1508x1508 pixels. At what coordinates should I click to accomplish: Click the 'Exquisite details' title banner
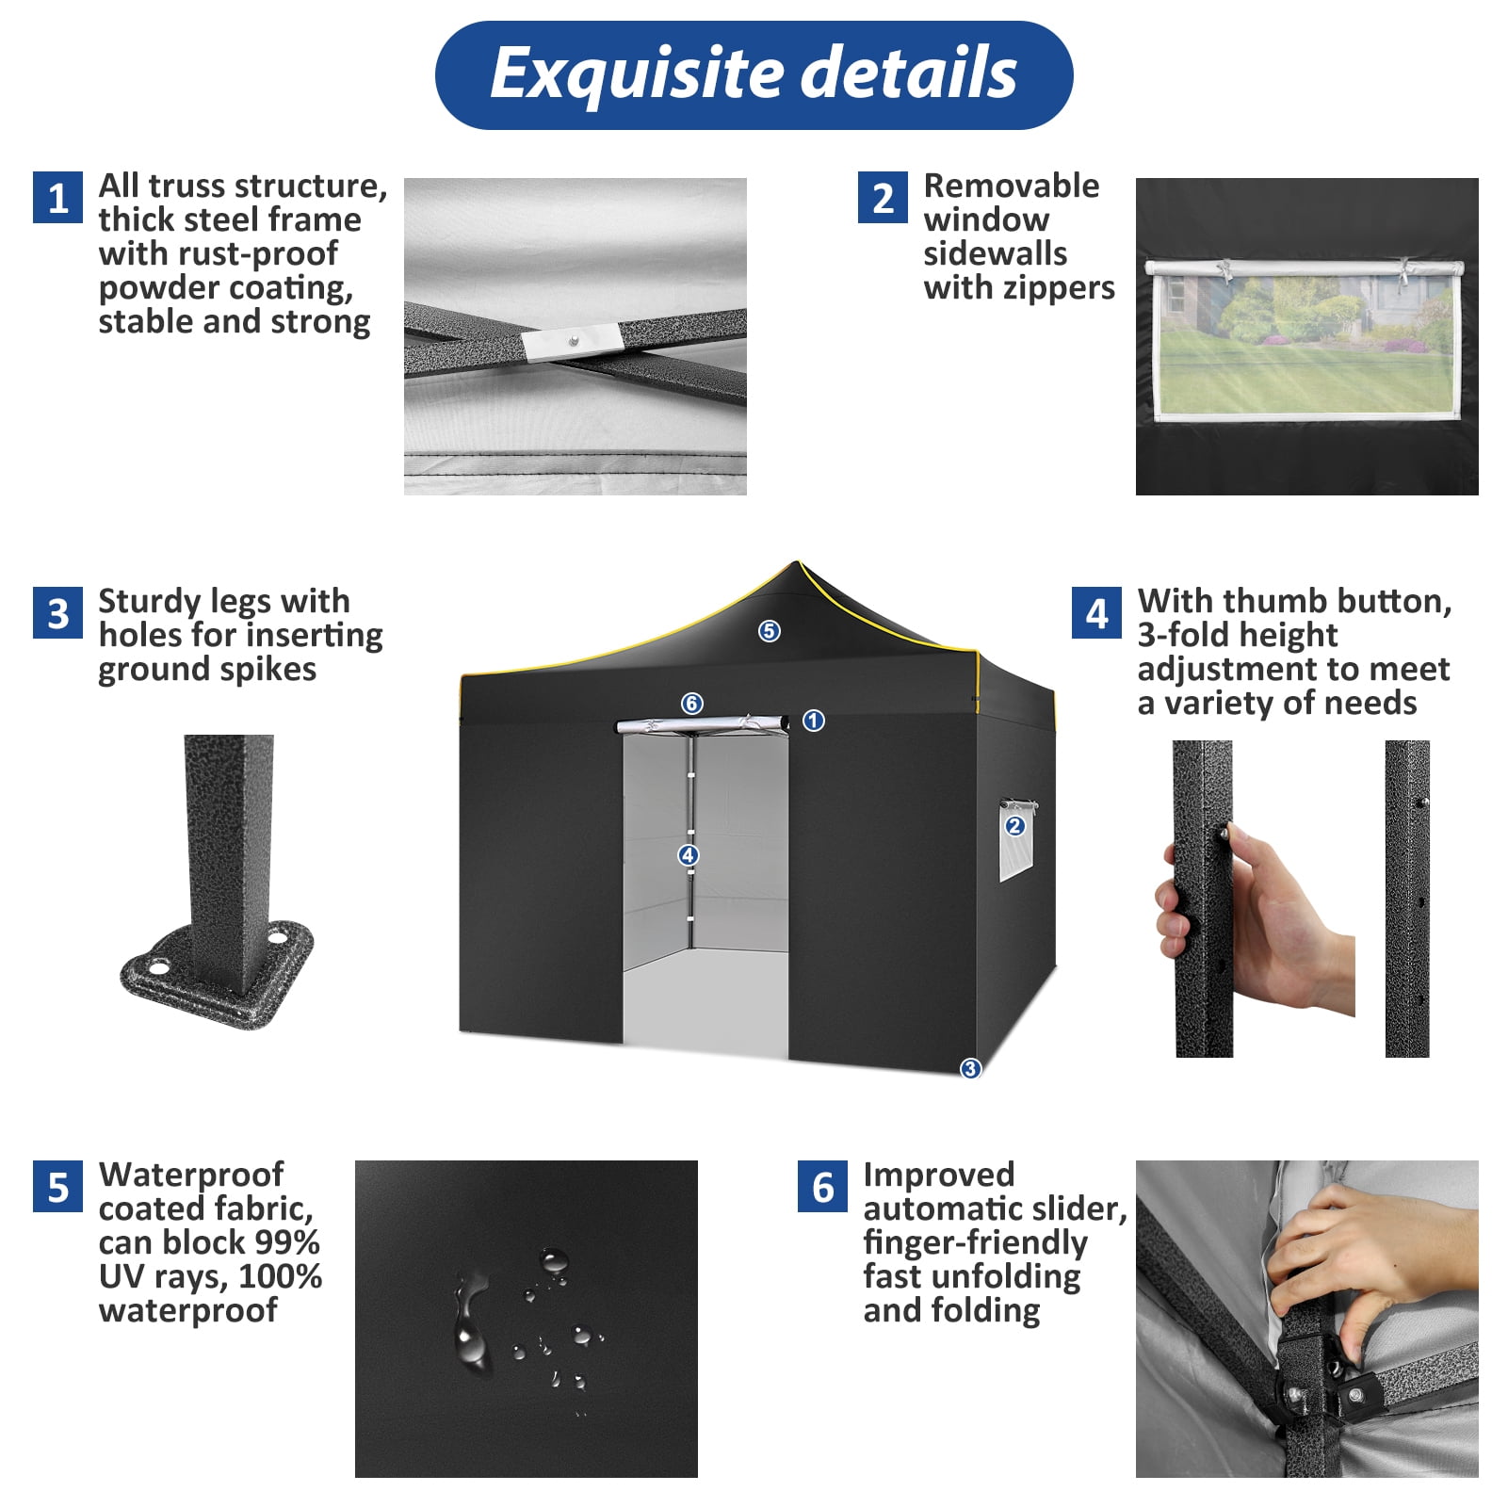click(x=754, y=75)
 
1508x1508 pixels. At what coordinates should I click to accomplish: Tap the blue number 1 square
click(x=58, y=198)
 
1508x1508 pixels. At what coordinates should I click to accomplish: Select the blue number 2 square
click(x=883, y=198)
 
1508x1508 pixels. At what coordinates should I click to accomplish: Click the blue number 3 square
click(x=58, y=613)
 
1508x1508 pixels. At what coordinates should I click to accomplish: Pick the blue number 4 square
click(x=1096, y=613)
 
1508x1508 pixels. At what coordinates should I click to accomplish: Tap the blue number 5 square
click(x=58, y=1187)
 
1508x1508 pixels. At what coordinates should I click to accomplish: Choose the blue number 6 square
click(x=822, y=1187)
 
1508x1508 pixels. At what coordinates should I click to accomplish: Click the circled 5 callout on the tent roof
click(x=770, y=631)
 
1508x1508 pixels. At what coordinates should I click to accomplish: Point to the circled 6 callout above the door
click(x=692, y=704)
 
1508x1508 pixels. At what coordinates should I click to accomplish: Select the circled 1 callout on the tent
click(x=814, y=721)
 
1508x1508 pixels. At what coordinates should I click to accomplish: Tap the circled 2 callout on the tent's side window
click(x=1014, y=826)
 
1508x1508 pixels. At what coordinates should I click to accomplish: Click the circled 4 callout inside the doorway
click(x=689, y=855)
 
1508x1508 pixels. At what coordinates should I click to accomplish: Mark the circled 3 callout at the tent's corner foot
click(x=970, y=1068)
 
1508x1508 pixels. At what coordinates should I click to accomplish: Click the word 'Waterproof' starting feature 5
click(x=191, y=1175)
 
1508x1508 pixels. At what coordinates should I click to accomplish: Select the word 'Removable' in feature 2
click(x=1011, y=186)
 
